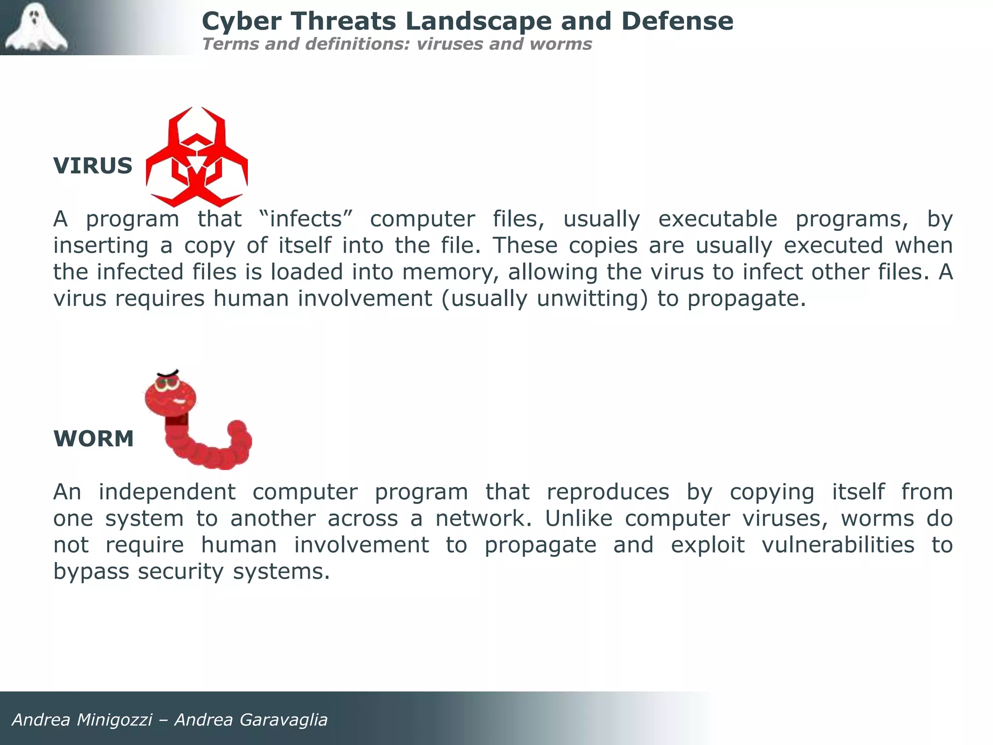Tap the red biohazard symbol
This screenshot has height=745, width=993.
(197, 158)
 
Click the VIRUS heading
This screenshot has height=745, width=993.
(93, 166)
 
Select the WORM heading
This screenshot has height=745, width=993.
(94, 439)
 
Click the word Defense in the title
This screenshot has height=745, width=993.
(677, 21)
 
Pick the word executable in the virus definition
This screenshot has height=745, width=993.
(718, 219)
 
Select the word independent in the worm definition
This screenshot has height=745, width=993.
(167, 492)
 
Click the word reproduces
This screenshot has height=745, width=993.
(608, 492)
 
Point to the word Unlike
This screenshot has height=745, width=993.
(579, 518)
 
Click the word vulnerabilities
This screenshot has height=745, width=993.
(838, 545)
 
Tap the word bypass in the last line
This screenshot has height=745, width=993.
(91, 572)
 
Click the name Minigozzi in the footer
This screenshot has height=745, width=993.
(114, 720)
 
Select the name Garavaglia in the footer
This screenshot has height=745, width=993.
(283, 720)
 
